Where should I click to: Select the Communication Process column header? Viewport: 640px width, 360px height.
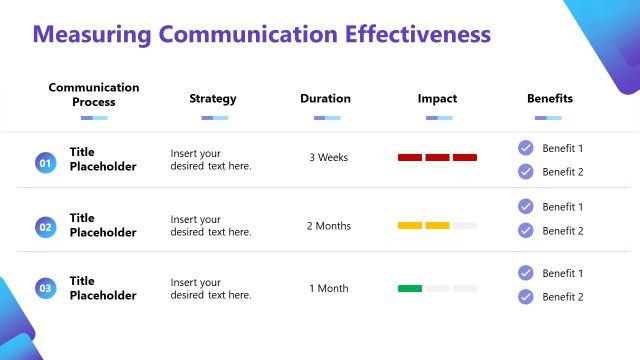pos(94,95)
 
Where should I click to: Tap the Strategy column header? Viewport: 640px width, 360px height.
pos(213,99)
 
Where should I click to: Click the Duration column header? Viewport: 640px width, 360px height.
pos(326,99)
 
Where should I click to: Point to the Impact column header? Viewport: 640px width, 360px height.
pos(437,99)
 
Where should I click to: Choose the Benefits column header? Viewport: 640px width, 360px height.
pos(550,99)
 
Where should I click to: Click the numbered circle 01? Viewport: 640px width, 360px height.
pos(45,161)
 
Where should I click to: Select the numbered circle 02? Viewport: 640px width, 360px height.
pos(45,227)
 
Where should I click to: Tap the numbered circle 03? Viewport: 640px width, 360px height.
pos(45,289)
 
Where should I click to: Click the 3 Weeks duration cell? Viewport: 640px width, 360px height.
pos(328,158)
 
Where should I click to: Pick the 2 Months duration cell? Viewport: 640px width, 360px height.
pos(329,226)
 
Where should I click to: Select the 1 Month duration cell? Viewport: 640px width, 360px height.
pos(328,289)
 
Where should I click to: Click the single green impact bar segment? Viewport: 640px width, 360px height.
pos(410,288)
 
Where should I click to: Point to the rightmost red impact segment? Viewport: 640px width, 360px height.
pos(465,157)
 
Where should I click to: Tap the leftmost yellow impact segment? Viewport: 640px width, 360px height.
pos(410,225)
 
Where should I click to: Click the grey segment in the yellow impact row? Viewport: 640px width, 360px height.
pos(465,225)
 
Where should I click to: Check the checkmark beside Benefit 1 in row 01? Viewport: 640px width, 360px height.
pos(526,148)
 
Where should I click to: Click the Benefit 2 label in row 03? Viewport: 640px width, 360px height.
pos(562,297)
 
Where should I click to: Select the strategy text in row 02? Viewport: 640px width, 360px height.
pos(210,226)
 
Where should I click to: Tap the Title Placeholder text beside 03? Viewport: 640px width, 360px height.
pos(102,289)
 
